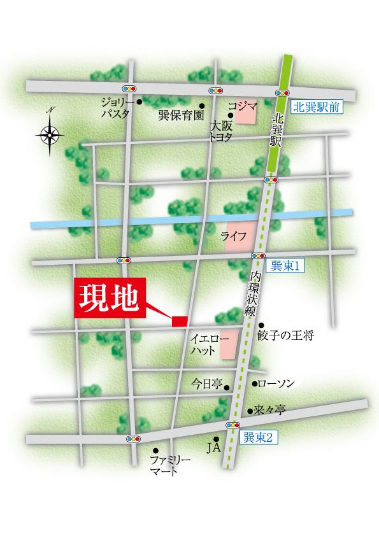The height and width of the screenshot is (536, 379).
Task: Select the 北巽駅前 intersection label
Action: point(317,108)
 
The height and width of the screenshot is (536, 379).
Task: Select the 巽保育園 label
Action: point(180,116)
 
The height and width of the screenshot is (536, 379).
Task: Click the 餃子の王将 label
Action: point(286,335)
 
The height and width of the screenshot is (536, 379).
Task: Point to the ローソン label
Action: point(278,383)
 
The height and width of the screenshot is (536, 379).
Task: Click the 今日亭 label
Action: point(207,384)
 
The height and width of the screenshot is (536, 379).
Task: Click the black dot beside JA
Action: point(217,439)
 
